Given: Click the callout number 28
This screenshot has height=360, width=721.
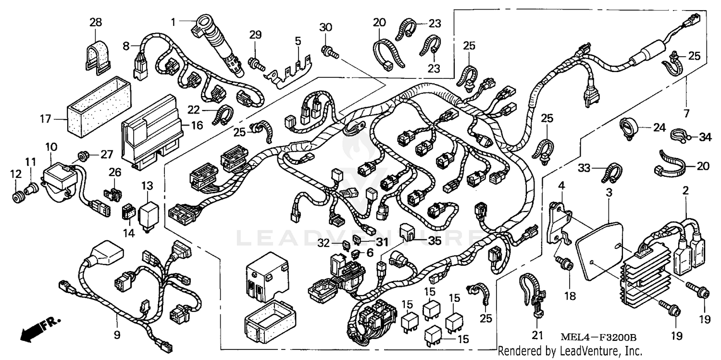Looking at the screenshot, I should tap(96, 22).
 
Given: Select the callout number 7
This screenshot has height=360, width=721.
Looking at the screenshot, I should tap(686, 114).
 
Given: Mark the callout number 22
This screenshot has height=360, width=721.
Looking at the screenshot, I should tap(193, 110).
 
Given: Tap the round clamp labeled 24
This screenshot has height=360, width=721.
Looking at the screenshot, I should tap(627, 128).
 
